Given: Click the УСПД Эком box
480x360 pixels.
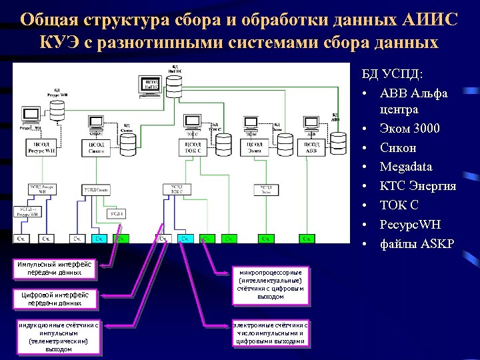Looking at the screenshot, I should coord(267,189).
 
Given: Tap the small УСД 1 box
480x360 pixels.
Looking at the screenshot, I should coord(117,213).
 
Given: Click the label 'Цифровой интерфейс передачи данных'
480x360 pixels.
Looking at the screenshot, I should coord(55,298).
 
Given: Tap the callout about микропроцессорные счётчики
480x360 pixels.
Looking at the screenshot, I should coord(270,284).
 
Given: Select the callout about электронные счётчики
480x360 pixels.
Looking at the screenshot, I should coord(270,333).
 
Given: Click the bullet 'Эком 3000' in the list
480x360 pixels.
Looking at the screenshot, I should coord(409,129).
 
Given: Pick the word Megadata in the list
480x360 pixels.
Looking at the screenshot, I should coord(405,167).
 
